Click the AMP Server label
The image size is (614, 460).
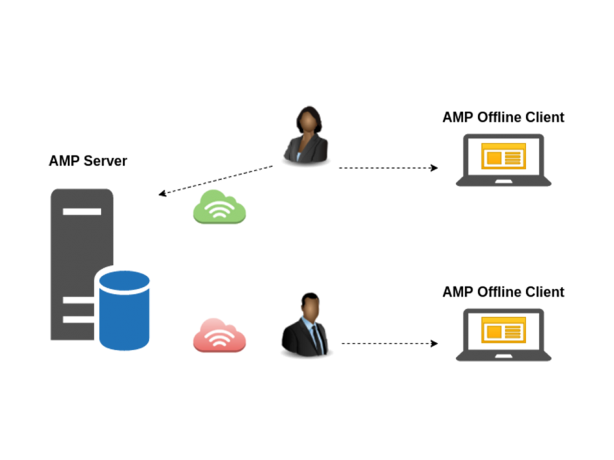88,161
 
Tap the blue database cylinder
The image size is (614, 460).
124,310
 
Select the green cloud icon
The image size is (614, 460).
219,207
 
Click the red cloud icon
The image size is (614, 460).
219,335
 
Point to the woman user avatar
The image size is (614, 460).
306,135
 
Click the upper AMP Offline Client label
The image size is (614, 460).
503,117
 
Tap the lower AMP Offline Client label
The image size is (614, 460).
503,292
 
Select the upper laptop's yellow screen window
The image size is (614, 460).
503,156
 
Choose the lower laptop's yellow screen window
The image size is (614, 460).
503,331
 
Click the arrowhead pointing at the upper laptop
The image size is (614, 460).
434,168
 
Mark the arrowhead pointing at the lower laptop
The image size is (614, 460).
434,343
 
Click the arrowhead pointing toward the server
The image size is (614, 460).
162,193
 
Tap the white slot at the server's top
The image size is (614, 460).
82,212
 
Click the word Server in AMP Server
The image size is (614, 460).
106,161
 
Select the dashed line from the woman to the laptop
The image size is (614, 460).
388,168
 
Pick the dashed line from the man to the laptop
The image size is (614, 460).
390,343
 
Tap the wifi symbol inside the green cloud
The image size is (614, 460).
219,210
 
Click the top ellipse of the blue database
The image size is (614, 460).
125,282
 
